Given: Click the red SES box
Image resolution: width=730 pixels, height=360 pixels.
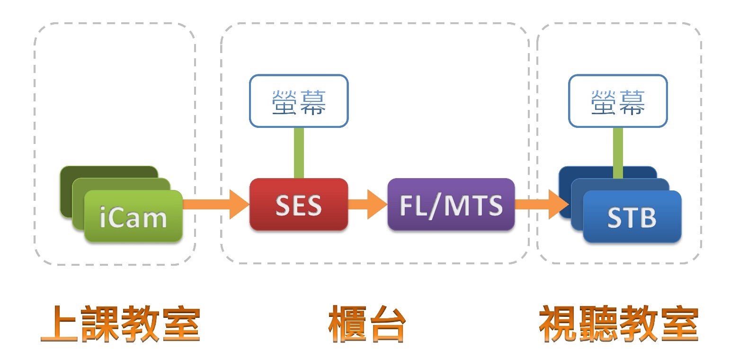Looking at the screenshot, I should coord(298,205).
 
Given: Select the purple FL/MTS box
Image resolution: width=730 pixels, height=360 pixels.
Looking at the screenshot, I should coord(451,205).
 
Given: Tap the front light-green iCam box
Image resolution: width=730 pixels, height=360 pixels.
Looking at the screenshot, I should coord(133,216).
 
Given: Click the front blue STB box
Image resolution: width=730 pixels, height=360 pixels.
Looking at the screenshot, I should coord(632,216).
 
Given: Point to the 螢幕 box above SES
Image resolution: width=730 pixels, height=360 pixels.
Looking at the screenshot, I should coord(298,100).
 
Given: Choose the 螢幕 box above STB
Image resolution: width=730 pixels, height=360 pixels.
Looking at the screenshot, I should coord(617,100).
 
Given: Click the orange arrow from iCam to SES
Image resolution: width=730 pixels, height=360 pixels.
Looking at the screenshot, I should coord(215,204).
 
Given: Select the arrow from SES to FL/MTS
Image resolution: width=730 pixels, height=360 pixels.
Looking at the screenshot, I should coord(367,204).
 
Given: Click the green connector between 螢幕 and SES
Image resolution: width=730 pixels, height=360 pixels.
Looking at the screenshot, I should coord(298,153).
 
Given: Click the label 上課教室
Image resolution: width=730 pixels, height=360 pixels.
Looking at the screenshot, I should coord(120,324).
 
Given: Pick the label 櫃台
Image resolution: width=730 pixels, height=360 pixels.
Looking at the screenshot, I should coord(367,324).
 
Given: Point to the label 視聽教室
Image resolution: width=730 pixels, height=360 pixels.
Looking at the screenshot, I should coord(618,324).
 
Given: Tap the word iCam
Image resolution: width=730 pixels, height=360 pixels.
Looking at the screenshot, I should coord(133,218).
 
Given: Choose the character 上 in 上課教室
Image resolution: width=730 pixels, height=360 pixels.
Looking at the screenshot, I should coord(59,324).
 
